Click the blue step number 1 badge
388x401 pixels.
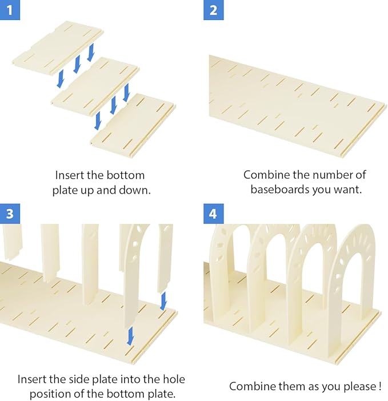coord(10,10)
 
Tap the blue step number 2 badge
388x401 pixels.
coord(213,10)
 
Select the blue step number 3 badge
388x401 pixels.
coord(10,214)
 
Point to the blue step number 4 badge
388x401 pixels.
coord(213,214)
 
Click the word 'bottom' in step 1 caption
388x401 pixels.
coord(125,175)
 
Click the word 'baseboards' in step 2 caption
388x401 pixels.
coord(279,190)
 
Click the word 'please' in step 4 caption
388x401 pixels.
coord(358,386)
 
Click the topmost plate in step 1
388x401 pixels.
coord(58,46)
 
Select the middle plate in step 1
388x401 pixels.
coord(95,86)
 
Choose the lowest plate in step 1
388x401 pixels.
coord(133,125)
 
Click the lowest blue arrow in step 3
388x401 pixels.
coord(130,336)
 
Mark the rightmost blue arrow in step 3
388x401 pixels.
coord(163,301)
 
